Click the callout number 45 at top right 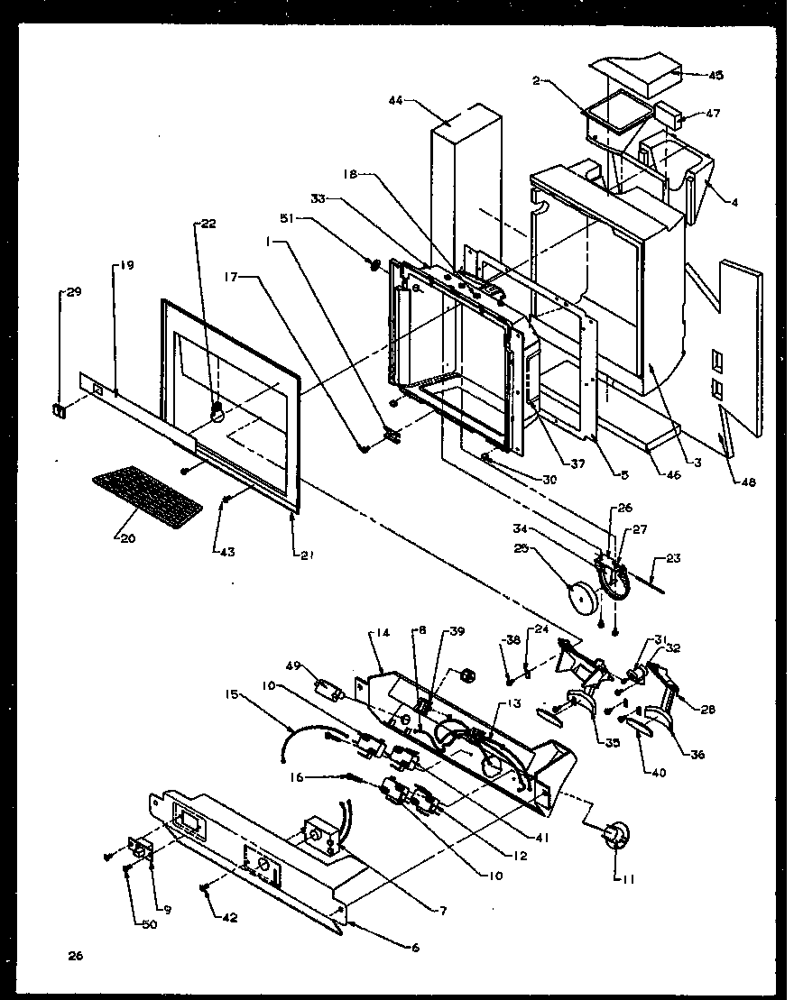pos(716,75)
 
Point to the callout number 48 pos(747,482)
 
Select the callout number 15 pos(233,694)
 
